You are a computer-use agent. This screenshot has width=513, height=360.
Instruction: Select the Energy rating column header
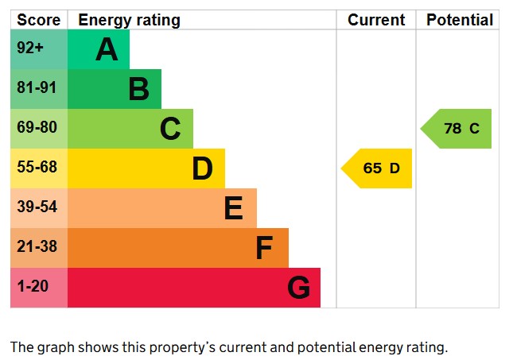(129, 20)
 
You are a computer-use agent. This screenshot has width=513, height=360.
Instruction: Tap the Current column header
(376, 20)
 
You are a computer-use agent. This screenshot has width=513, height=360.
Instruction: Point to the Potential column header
(460, 20)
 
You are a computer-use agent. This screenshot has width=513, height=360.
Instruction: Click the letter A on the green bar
(107, 49)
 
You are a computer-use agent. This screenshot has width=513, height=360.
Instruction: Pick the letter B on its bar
(138, 89)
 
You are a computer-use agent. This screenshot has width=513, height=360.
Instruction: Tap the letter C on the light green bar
(170, 129)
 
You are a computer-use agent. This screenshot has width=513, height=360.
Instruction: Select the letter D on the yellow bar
(202, 168)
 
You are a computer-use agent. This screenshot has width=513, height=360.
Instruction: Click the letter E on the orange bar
(233, 208)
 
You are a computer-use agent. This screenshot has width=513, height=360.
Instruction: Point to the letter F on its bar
(264, 248)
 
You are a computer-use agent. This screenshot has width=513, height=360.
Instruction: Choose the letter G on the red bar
(298, 288)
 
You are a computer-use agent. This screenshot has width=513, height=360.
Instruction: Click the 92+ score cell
(30, 48)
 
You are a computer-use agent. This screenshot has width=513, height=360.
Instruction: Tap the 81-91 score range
(37, 88)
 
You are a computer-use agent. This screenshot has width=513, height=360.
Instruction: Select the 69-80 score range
(37, 128)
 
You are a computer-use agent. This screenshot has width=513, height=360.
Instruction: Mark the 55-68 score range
(37, 168)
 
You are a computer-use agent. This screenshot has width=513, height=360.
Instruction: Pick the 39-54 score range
(37, 207)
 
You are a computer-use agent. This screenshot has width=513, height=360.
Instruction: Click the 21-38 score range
(37, 247)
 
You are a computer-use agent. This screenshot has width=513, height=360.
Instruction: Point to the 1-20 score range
(33, 287)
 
